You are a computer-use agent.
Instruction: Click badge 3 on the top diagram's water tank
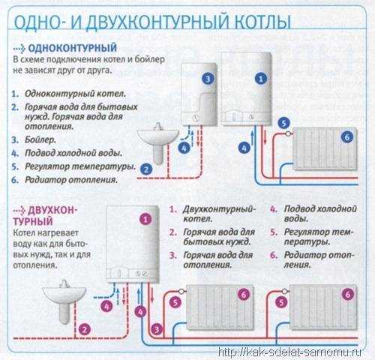click(208, 78)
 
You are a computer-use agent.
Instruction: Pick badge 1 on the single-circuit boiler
click(259, 78)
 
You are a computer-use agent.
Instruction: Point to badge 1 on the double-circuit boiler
click(146, 219)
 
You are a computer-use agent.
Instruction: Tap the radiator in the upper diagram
click(322, 151)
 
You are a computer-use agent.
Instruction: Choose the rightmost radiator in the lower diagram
click(323, 307)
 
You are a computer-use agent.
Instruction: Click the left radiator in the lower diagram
click(219, 307)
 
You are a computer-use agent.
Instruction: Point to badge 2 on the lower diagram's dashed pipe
click(85, 328)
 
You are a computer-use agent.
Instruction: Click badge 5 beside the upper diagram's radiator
click(283, 123)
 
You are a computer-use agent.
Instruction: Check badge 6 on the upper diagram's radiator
click(346, 137)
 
